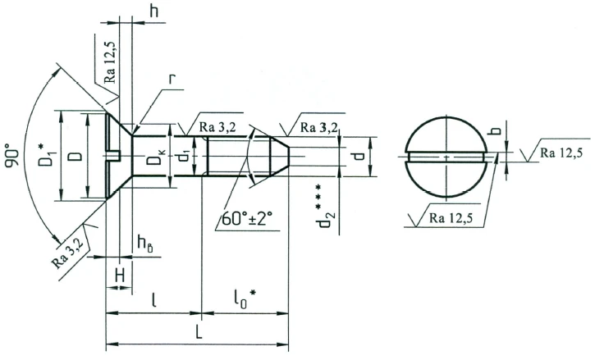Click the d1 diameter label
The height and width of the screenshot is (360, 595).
coord(186,153)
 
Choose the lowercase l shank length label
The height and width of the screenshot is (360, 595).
coord(155,300)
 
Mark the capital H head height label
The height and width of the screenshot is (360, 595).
coord(119,277)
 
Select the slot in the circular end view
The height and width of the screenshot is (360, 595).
coord(447,156)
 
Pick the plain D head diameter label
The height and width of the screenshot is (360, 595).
coord(75,154)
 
